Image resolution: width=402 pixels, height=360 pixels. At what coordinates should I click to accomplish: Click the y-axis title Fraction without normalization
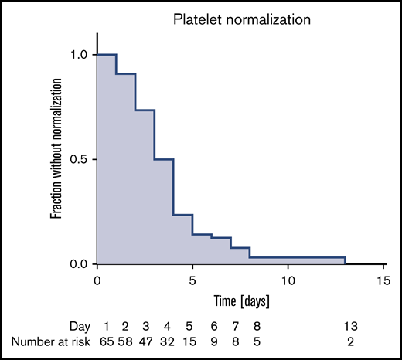click(56, 159)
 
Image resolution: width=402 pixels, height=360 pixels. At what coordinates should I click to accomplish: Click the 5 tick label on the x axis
click(192, 279)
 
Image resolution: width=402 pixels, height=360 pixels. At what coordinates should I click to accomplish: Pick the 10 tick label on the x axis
click(288, 279)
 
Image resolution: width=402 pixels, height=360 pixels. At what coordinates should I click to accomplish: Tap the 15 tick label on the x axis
click(383, 279)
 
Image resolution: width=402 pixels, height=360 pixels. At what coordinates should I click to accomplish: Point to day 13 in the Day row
click(351, 325)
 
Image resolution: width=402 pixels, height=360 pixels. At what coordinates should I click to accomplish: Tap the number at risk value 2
click(351, 341)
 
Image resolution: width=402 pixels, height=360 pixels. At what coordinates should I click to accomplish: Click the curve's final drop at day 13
click(345, 261)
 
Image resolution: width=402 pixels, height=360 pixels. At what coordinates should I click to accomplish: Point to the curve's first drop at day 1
click(116, 64)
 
